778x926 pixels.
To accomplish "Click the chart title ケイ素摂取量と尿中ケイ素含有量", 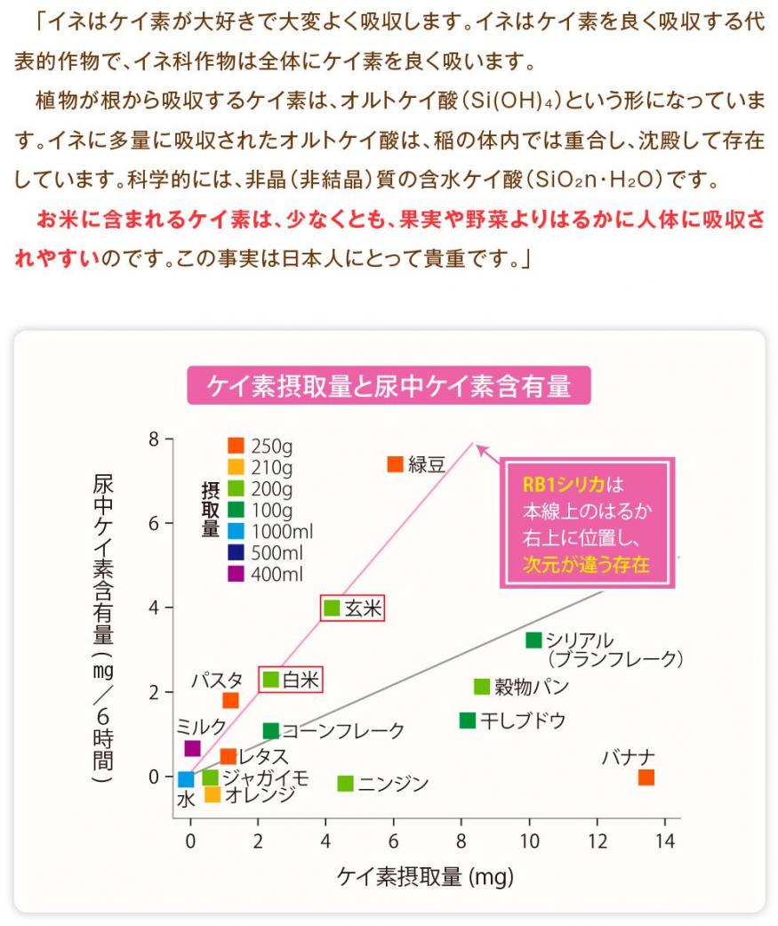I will pyautogui.click(x=389, y=386).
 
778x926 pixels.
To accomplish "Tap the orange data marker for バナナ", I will pyautogui.click(x=646, y=777).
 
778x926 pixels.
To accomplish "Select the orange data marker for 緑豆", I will pyautogui.click(x=396, y=463).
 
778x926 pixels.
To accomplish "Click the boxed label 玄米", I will pyautogui.click(x=352, y=608).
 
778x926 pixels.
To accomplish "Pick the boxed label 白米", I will pyautogui.click(x=290, y=680).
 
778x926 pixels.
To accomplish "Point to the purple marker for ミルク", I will pyautogui.click(x=192, y=748).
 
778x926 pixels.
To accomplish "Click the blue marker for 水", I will pyautogui.click(x=186, y=780).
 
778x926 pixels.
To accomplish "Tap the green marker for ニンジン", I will pyautogui.click(x=346, y=784).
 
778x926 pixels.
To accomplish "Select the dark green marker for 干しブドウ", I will pyautogui.click(x=468, y=720).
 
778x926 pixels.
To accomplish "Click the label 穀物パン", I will pyautogui.click(x=531, y=687).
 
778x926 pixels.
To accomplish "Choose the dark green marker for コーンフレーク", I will pyautogui.click(x=271, y=730).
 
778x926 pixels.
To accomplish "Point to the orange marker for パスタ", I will pyautogui.click(x=230, y=700).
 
